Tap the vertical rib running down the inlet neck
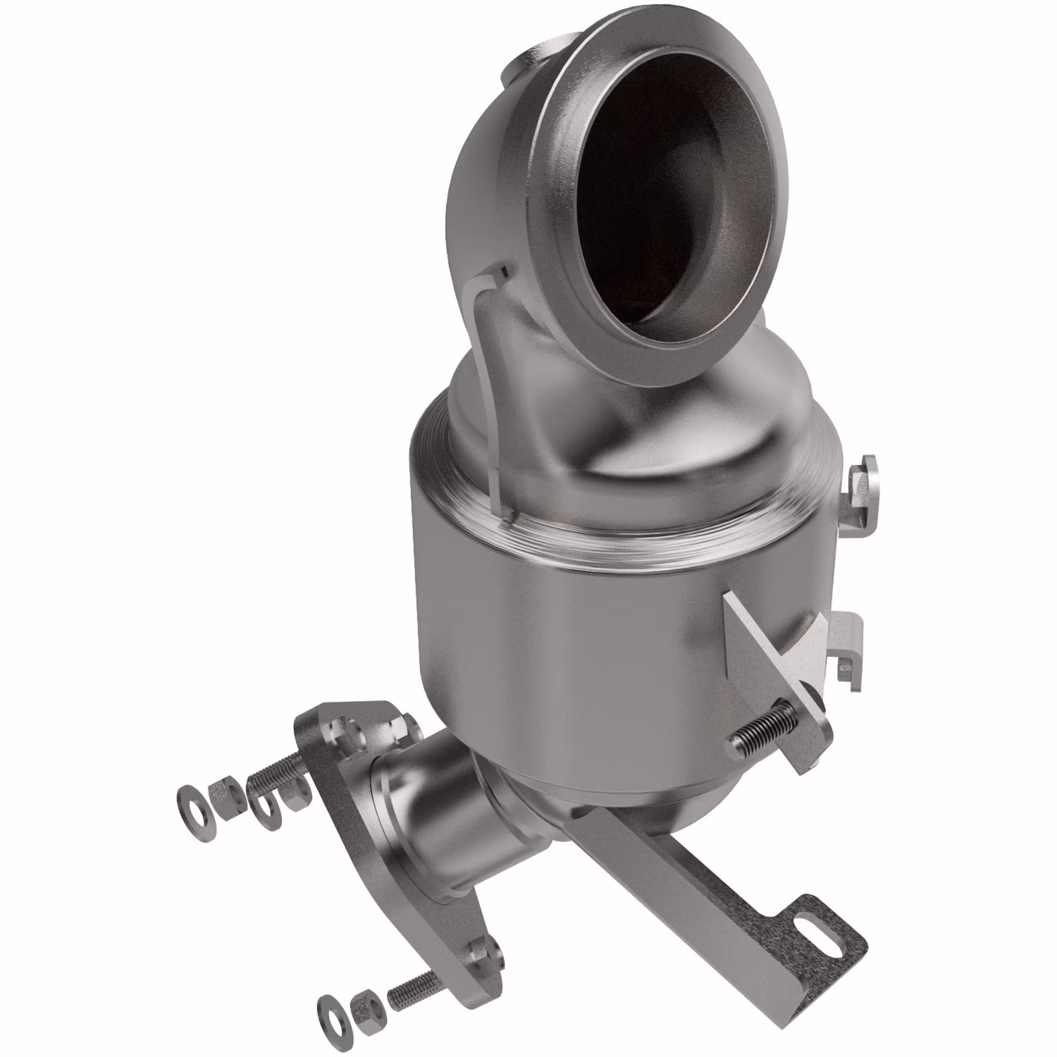click(493, 395)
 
